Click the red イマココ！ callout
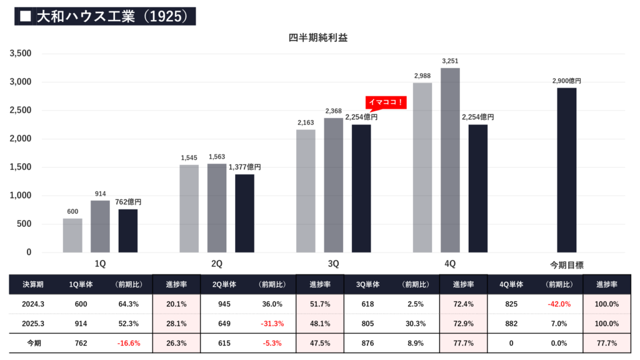[386, 102]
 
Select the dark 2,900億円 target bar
[567, 170]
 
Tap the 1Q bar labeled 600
[72, 235]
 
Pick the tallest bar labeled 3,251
[450, 160]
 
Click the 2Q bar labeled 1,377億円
[244, 213]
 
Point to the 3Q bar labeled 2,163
[306, 191]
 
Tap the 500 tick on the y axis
[25, 224]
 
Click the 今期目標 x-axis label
[567, 264]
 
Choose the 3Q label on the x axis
[334, 264]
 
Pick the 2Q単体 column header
[225, 284]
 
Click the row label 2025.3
[33, 324]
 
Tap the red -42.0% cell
[559, 304]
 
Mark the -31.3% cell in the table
[273, 324]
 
